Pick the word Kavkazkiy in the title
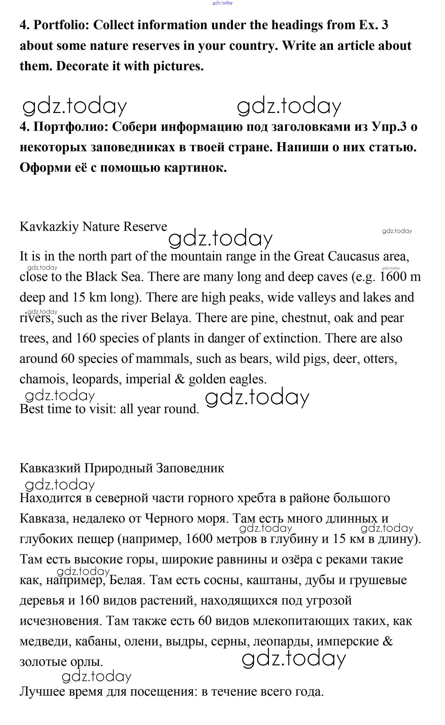(49, 227)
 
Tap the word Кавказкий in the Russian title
(50, 468)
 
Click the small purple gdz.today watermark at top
(222, 3)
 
